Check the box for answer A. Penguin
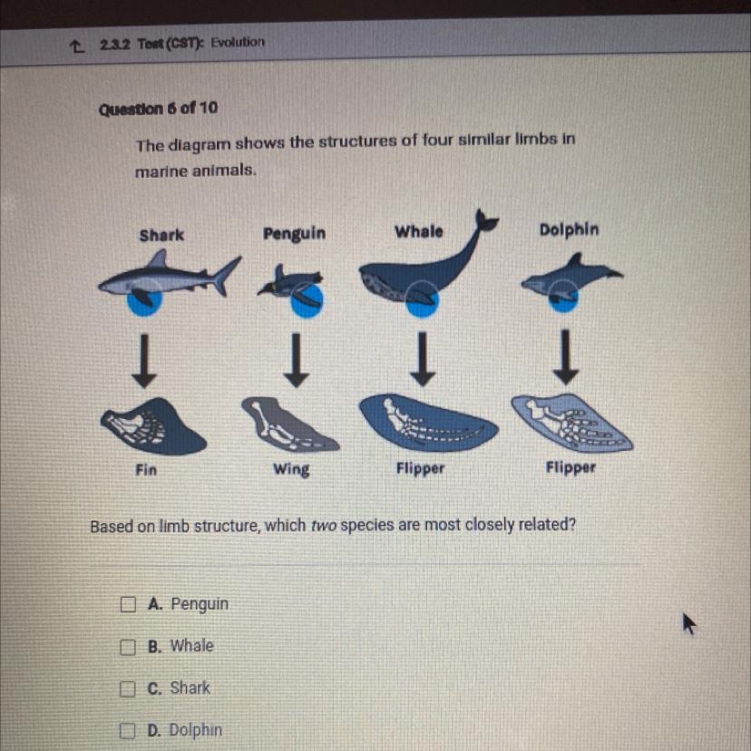(128, 604)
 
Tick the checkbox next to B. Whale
(127, 647)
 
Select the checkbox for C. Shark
(127, 688)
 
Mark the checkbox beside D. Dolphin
(127, 731)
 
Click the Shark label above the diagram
(161, 235)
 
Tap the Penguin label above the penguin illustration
(294, 234)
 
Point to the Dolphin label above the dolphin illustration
(569, 229)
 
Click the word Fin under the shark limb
(146, 470)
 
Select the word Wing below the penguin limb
(291, 469)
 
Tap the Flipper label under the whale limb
(420, 468)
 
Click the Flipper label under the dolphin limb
(571, 467)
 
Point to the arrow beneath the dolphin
(566, 356)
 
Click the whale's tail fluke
(485, 220)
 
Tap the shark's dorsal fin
(158, 260)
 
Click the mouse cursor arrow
(688, 623)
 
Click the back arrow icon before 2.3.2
(75, 46)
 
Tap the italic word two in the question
(323, 526)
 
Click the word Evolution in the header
(238, 42)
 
